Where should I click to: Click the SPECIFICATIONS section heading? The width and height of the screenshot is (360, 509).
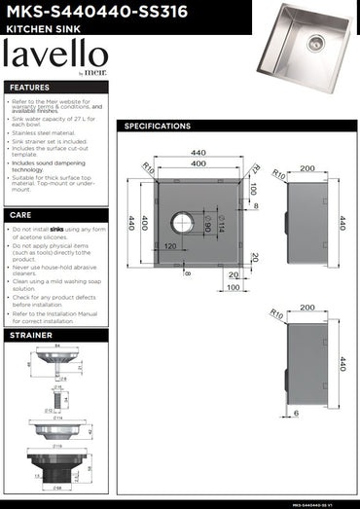tap(158, 127)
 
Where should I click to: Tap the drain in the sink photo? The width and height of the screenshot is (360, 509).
tap(314, 42)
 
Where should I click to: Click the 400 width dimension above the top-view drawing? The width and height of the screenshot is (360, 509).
tap(198, 163)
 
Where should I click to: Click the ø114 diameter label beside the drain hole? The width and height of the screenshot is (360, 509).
tap(220, 228)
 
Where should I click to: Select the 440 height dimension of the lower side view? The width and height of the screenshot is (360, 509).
tap(342, 365)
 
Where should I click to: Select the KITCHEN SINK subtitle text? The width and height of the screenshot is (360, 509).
tap(37, 29)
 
